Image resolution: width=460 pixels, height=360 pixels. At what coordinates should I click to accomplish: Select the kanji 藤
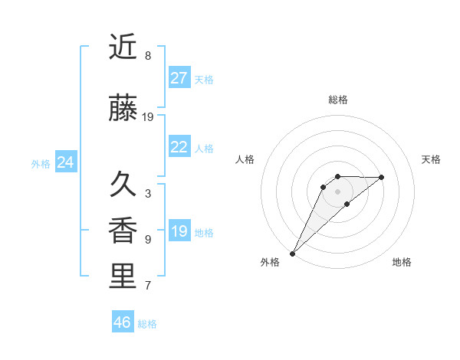(x=123, y=109)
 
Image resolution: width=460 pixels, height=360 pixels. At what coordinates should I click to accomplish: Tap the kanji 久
(x=123, y=185)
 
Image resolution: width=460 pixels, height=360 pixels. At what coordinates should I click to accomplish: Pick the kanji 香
(x=123, y=231)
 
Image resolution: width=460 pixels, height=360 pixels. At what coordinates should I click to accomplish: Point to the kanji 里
(x=123, y=277)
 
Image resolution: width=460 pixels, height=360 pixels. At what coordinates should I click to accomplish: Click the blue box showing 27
(x=179, y=78)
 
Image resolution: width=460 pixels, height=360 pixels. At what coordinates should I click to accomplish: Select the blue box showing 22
(x=179, y=147)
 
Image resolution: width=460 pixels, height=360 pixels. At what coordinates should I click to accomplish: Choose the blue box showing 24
(x=65, y=162)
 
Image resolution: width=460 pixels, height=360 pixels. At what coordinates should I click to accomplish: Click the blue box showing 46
(x=123, y=322)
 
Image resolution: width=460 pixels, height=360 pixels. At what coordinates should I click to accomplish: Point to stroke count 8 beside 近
(x=148, y=56)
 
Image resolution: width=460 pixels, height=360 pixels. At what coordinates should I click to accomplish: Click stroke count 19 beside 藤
(x=148, y=117)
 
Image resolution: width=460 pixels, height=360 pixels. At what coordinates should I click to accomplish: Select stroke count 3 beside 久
(x=148, y=194)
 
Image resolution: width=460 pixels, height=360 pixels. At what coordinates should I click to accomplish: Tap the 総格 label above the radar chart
(x=337, y=100)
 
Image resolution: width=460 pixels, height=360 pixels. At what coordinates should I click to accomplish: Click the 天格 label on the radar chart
(x=432, y=159)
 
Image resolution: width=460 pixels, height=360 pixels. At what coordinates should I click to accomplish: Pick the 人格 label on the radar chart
(x=245, y=159)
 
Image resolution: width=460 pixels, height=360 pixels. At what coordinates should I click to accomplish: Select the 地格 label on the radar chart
(x=402, y=262)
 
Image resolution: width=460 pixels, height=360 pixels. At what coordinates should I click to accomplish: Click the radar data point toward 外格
(x=292, y=253)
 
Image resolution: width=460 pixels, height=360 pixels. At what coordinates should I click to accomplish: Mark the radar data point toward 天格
(x=382, y=177)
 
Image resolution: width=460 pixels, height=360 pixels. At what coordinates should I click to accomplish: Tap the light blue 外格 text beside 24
(x=41, y=163)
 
